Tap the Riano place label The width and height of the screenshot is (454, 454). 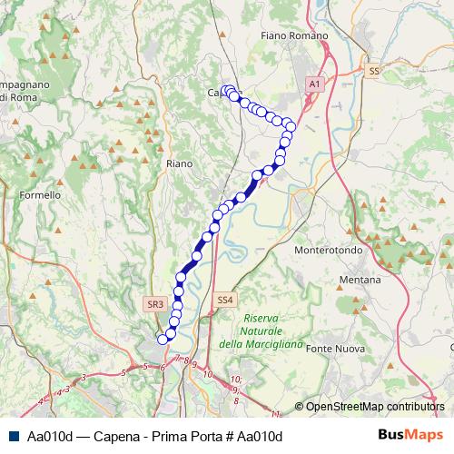pyautogui.click(x=179, y=163)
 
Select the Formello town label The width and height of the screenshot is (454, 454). pyautogui.click(x=40, y=194)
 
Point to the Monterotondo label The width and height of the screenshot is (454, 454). pyautogui.click(x=329, y=250)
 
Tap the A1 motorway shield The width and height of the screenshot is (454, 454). pyautogui.click(x=314, y=84)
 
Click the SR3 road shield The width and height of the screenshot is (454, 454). pyautogui.click(x=154, y=306)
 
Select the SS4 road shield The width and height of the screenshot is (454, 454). pyautogui.click(x=225, y=299)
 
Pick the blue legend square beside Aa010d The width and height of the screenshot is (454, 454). pyautogui.click(x=12, y=437)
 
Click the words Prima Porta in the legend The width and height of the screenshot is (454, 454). pyautogui.click(x=180, y=437)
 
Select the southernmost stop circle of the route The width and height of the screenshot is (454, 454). pyautogui.click(x=163, y=339)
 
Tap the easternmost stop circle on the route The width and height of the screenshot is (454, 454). pyautogui.click(x=289, y=125)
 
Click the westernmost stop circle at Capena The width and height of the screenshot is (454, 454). pyautogui.click(x=224, y=90)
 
